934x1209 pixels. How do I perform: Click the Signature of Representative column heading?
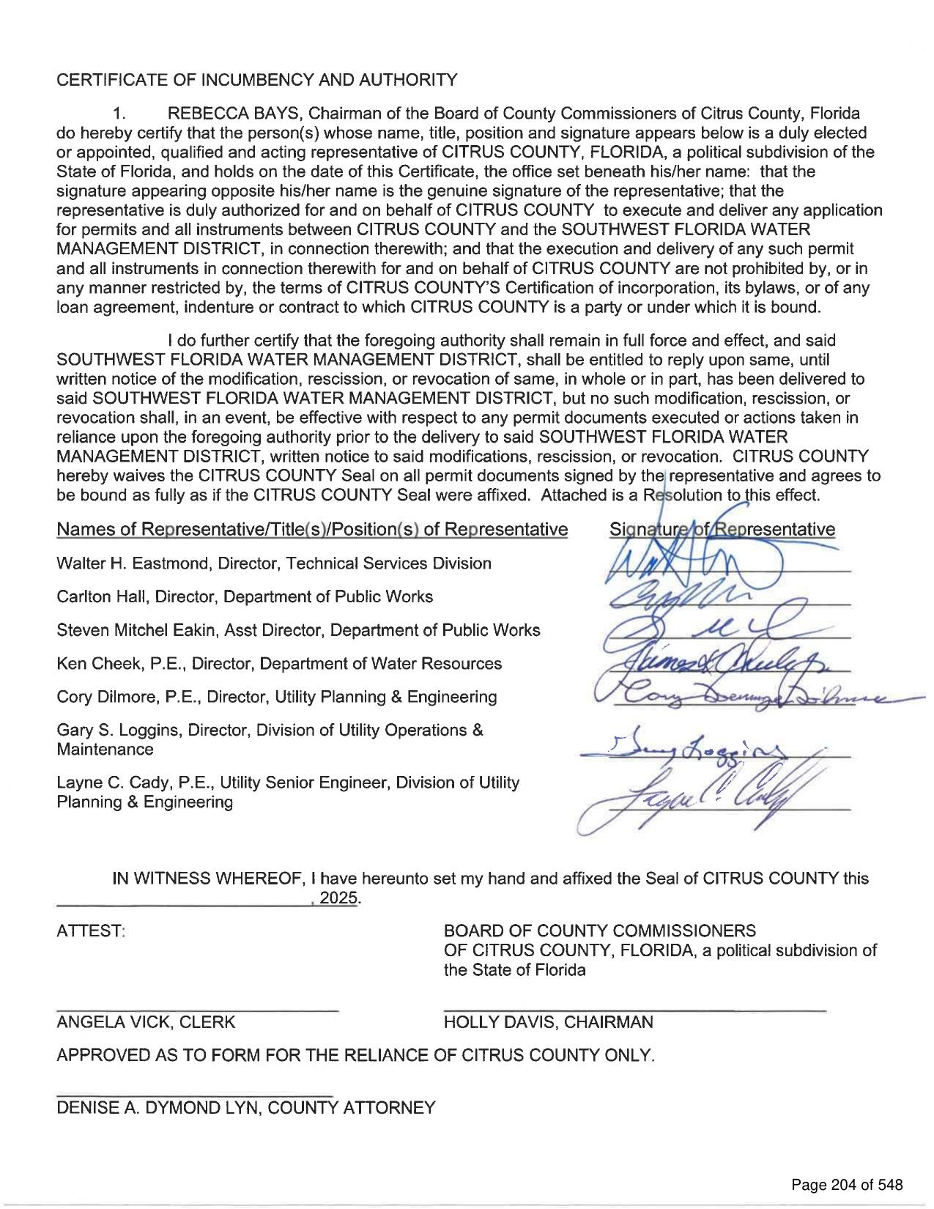[722, 529]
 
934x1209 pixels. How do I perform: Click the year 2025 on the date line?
[343, 898]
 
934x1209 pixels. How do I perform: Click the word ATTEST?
[91, 931]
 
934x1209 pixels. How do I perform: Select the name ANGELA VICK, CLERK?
[146, 1022]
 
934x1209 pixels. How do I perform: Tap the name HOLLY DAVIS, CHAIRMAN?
[548, 1022]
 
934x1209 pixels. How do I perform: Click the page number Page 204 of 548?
[847, 1185]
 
